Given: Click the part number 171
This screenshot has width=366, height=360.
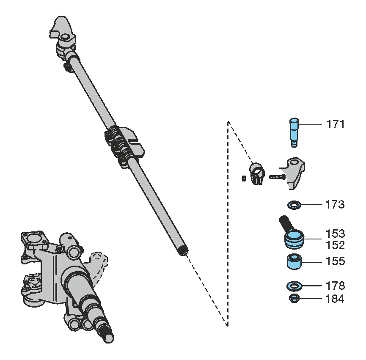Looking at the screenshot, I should pyautogui.click(x=335, y=124).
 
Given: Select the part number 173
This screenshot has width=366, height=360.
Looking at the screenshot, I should pyautogui.click(x=335, y=205).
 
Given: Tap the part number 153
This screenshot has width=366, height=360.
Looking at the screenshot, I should pyautogui.click(x=335, y=234).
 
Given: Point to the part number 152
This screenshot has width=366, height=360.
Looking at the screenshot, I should pyautogui.click(x=335, y=245).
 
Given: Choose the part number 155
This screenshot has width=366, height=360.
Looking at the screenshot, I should pyautogui.click(x=335, y=261).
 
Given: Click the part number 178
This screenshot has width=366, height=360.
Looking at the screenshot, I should pyautogui.click(x=335, y=286).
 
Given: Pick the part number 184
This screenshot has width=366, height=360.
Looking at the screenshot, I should pyautogui.click(x=335, y=299).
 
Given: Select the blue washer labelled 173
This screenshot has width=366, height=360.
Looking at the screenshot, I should pyautogui.click(x=294, y=205).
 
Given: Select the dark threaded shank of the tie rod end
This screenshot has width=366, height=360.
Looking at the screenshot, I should pyautogui.click(x=285, y=223).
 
